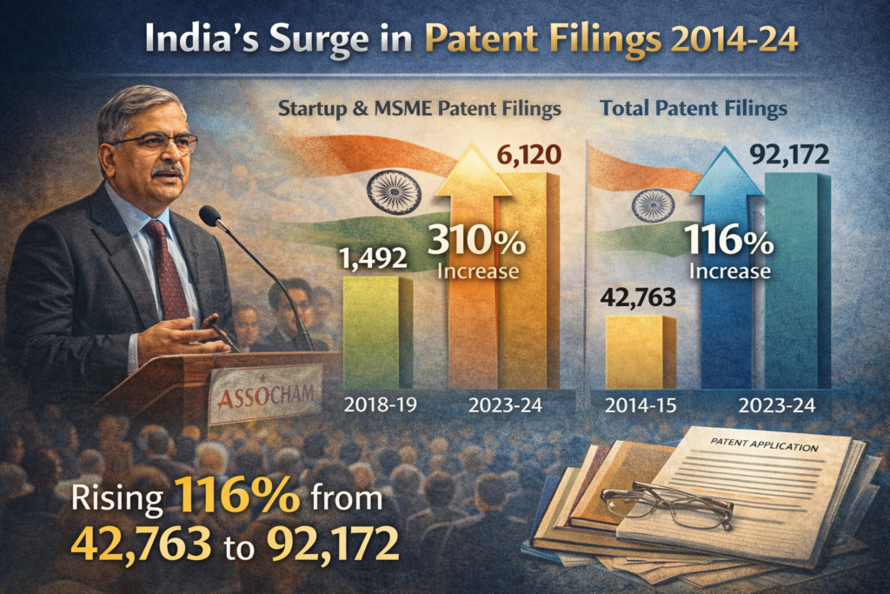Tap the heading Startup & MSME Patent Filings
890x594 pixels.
pos(419,110)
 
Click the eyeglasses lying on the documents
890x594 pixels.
pos(666,505)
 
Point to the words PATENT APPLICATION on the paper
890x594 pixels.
pos(763,445)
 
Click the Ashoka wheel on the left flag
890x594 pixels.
pos(390,190)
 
